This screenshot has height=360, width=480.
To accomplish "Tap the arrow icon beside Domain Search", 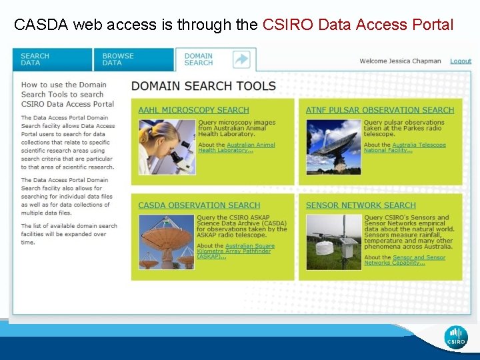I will point(241,59).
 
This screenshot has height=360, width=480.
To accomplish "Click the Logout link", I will point(461,61).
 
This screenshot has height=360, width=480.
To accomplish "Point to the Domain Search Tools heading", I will point(203,86).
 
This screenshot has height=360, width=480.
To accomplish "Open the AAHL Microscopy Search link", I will point(193,110).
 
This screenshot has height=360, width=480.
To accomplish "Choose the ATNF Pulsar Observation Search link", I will point(379,110).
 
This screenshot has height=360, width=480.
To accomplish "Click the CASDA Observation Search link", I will point(199,205).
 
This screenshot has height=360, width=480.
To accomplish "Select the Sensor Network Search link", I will point(360,205).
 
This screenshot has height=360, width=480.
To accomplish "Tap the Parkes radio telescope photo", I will point(333,147).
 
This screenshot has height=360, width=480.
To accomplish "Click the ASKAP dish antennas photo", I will point(167,241).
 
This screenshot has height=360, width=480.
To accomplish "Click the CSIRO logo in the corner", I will point(456,337).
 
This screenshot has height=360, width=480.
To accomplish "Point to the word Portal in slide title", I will point(431,25).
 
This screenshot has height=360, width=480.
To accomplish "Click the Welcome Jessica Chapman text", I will point(400,61).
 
